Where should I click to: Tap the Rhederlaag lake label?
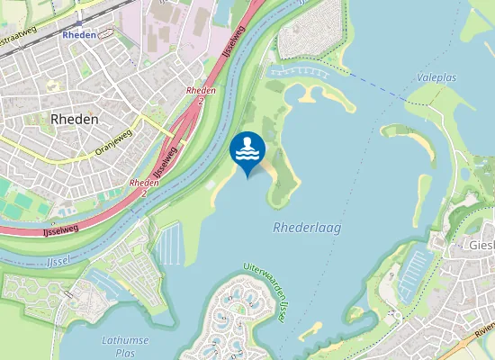[x=307, y=229]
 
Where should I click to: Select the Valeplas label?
[x=436, y=78]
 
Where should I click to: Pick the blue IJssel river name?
[x=56, y=262]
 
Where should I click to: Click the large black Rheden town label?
[x=75, y=118]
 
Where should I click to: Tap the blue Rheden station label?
[x=80, y=34]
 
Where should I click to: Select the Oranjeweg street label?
[x=113, y=142]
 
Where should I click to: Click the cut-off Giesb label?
[x=480, y=244]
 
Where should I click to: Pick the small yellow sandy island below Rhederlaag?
[x=310, y=331]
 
